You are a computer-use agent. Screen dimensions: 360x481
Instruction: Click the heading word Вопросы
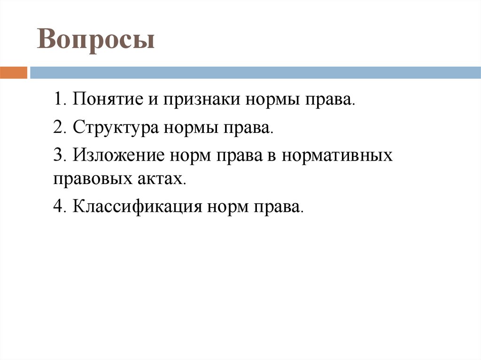96,40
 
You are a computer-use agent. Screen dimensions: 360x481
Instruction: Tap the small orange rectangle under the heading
14,73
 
